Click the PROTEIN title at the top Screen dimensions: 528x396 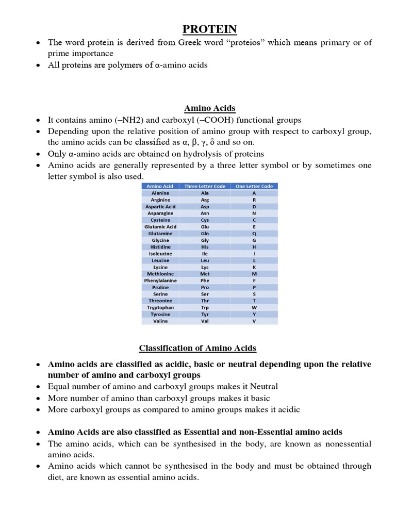pos(210,29)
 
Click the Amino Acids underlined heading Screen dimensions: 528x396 pos(210,108)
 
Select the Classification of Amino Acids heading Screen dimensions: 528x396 pos(210,348)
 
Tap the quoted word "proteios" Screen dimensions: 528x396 pos(223,42)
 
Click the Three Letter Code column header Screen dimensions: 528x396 pos(205,186)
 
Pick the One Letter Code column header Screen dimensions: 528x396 pos(254,186)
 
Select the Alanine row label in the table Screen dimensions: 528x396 pos(160,193)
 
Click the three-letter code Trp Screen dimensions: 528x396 pos(205,307)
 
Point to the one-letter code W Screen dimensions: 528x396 pos(254,307)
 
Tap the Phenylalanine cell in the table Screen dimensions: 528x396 pos(160,280)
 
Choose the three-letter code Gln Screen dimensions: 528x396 pos(205,233)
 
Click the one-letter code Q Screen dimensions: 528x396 pos(254,233)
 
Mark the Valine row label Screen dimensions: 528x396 pos(160,321)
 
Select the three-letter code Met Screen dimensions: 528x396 pos(205,274)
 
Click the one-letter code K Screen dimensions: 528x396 pos(254,267)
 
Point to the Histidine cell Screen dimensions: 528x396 pos(160,247)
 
